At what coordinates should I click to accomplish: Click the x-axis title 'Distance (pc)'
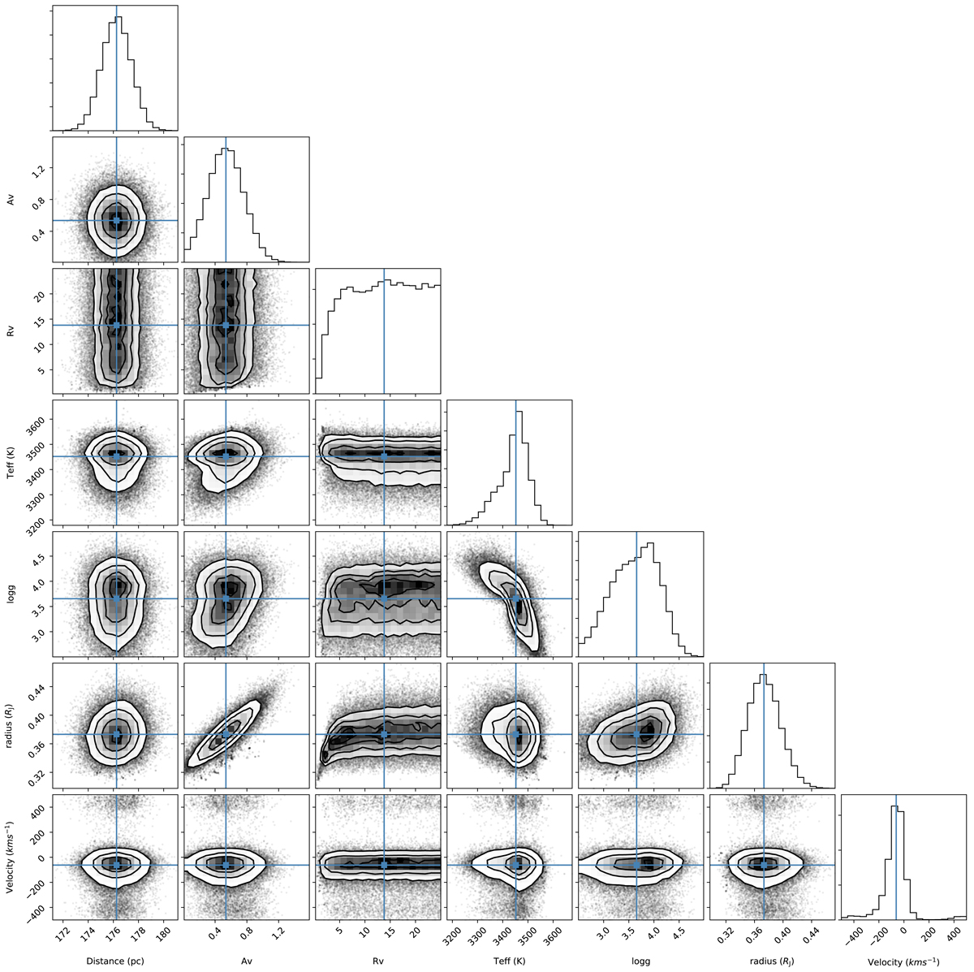click(x=115, y=961)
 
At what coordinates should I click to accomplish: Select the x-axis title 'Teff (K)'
click(x=510, y=961)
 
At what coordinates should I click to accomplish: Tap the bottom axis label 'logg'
click(x=641, y=961)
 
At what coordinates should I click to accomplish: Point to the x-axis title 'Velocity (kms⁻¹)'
click(x=903, y=961)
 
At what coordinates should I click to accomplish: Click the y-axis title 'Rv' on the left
click(x=11, y=330)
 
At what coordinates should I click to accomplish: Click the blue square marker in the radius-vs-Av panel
click(x=226, y=734)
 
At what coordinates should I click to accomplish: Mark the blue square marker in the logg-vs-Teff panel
click(x=515, y=598)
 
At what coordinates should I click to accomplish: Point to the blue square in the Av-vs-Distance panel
click(x=117, y=221)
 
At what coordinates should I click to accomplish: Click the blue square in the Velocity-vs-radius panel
click(x=764, y=865)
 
